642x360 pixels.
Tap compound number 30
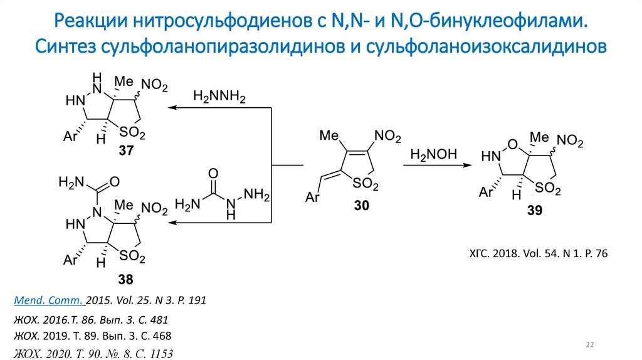coord(362,205)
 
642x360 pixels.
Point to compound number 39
coord(534,211)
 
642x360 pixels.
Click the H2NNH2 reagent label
coord(219,97)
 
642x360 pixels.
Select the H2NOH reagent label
coord(434,154)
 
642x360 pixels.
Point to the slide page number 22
coord(589,344)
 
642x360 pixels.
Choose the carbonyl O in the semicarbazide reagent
coord(213,173)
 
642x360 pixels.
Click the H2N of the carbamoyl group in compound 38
coord(70,183)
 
